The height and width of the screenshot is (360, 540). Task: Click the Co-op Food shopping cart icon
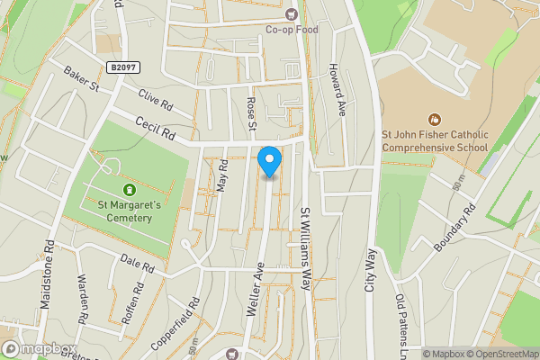[x=291, y=13]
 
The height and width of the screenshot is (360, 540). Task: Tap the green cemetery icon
[x=129, y=189]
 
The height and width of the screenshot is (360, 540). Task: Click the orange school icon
[x=435, y=119]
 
